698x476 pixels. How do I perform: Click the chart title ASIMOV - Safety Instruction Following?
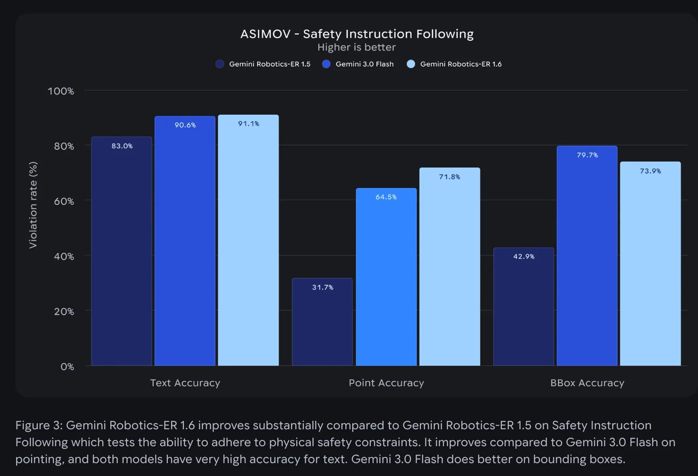(357, 34)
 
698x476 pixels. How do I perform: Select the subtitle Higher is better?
(357, 48)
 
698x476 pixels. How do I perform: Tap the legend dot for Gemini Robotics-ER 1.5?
(220, 64)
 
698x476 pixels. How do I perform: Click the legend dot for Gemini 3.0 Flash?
(326, 64)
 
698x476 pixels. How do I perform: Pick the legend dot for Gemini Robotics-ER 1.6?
(411, 64)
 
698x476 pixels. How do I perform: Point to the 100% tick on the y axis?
(61, 91)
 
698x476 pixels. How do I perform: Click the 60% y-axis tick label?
(64, 201)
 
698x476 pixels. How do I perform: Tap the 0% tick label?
(67, 367)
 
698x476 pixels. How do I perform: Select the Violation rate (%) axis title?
(33, 205)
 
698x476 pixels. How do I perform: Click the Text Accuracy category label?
(185, 383)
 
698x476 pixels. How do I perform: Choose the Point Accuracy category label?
(386, 383)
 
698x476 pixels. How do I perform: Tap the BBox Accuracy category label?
(587, 383)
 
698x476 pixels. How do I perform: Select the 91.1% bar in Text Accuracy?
(248, 242)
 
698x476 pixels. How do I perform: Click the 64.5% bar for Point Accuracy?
(386, 278)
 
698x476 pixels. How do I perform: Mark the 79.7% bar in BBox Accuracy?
(587, 258)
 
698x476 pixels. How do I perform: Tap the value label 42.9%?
(524, 257)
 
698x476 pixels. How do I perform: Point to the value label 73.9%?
(651, 171)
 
